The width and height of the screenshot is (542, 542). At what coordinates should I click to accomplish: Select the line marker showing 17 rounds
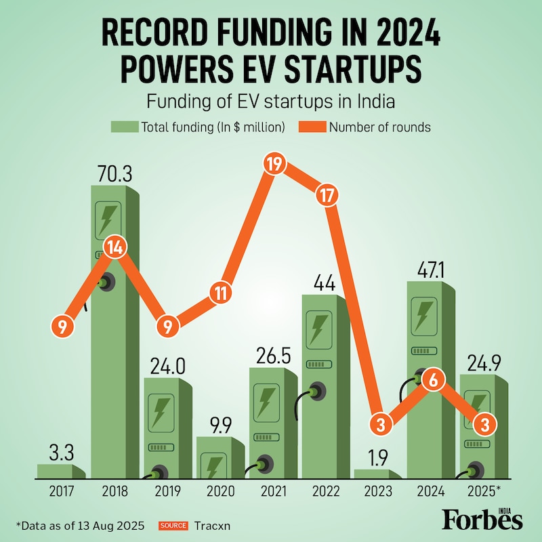[326, 195]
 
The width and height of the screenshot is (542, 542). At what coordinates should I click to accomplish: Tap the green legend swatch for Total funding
[124, 127]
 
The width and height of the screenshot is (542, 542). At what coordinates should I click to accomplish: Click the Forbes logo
[482, 518]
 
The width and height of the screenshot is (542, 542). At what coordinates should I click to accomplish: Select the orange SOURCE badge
[173, 525]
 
